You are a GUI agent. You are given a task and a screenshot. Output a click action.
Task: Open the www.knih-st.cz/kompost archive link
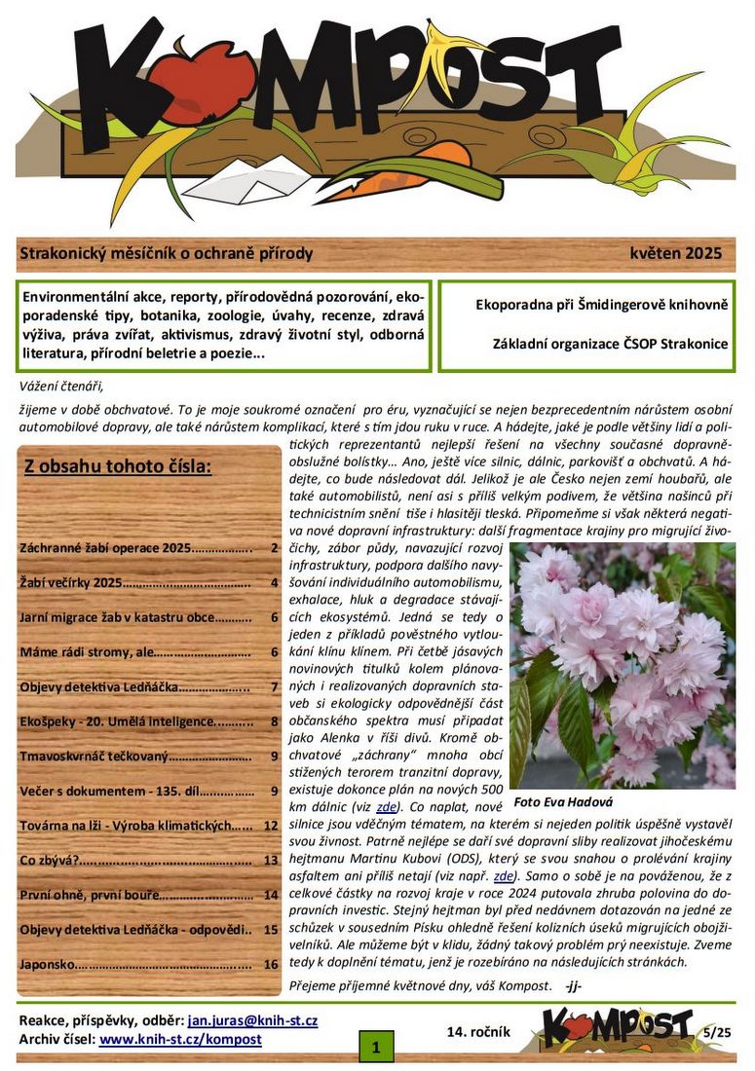click(x=180, y=1039)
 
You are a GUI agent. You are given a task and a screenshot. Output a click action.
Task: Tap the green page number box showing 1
click(x=375, y=1048)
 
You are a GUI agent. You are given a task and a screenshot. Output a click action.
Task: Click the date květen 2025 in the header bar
click(x=675, y=254)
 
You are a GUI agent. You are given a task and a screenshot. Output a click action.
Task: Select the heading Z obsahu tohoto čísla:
click(x=117, y=466)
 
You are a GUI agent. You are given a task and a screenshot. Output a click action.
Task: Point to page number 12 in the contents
click(x=271, y=826)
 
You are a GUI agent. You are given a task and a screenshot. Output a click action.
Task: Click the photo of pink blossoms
click(x=622, y=666)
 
